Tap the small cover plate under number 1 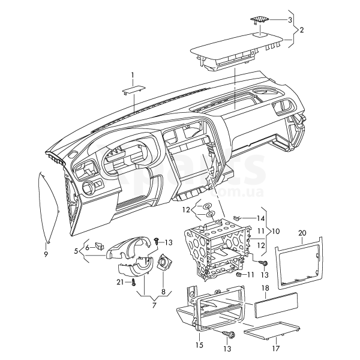[x=133, y=89]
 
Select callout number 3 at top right [x=290, y=20]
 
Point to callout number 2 [x=301, y=29]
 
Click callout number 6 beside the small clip [x=87, y=247]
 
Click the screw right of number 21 [x=133, y=281]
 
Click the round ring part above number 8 [x=163, y=262]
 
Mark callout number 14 [x=260, y=218]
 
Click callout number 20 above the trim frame [x=302, y=233]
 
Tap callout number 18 [x=265, y=289]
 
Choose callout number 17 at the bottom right [x=276, y=347]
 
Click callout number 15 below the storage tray [x=200, y=345]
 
